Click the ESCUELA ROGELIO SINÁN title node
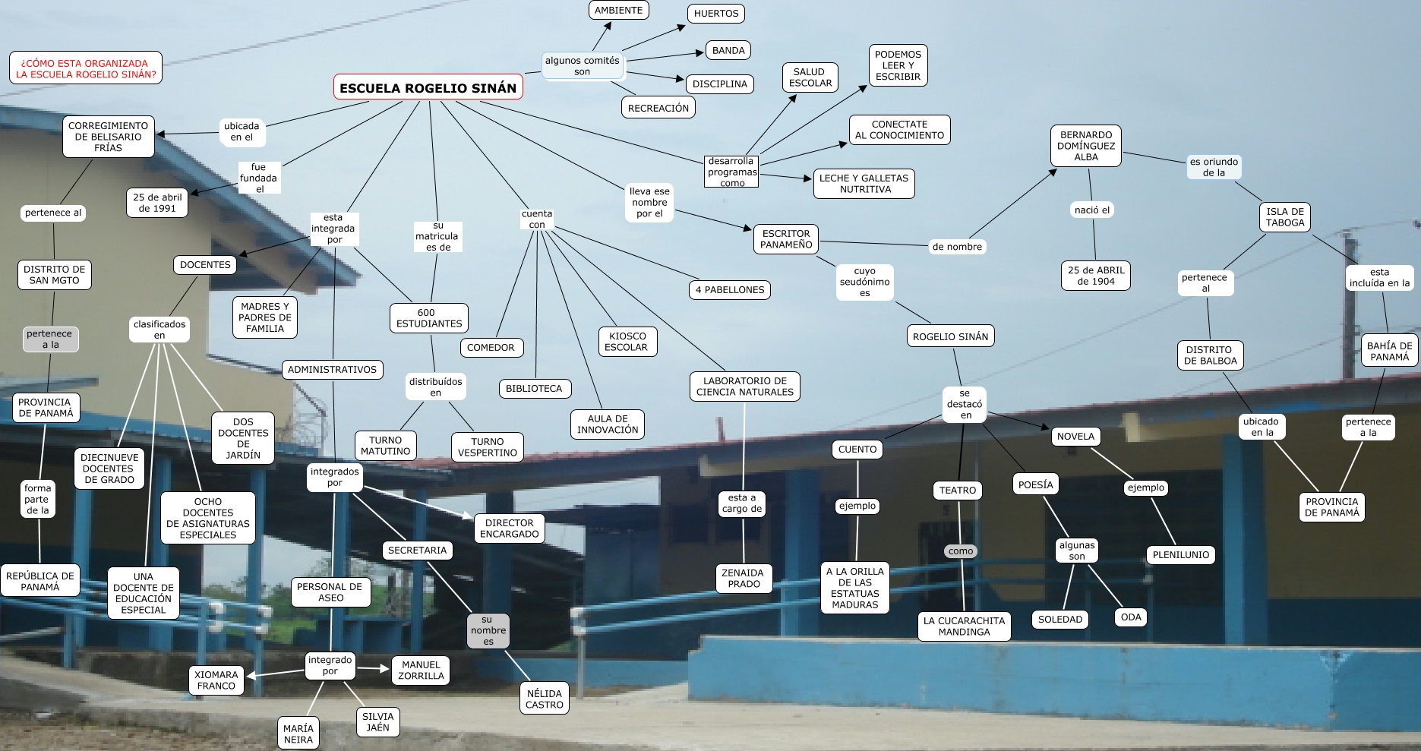[x=428, y=88]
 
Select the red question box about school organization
[x=86, y=68]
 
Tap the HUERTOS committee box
[x=715, y=13]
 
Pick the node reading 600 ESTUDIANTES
[x=428, y=317]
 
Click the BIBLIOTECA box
[x=534, y=388]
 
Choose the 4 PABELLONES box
[x=730, y=289]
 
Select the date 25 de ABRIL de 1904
[x=1096, y=275]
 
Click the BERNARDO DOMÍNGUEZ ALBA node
[x=1086, y=146]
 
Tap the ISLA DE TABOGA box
[x=1285, y=217]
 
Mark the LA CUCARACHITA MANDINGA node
[x=964, y=626]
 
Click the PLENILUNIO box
[x=1180, y=554]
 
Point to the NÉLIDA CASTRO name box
[x=545, y=699]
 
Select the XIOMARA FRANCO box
[x=216, y=680]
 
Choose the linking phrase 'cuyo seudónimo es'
[x=864, y=282]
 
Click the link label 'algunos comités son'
[x=582, y=66]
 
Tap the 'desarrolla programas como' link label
[x=732, y=172]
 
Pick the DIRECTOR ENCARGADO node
[x=509, y=528]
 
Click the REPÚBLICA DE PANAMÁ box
[x=40, y=581]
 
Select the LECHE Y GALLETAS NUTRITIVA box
[x=864, y=184]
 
